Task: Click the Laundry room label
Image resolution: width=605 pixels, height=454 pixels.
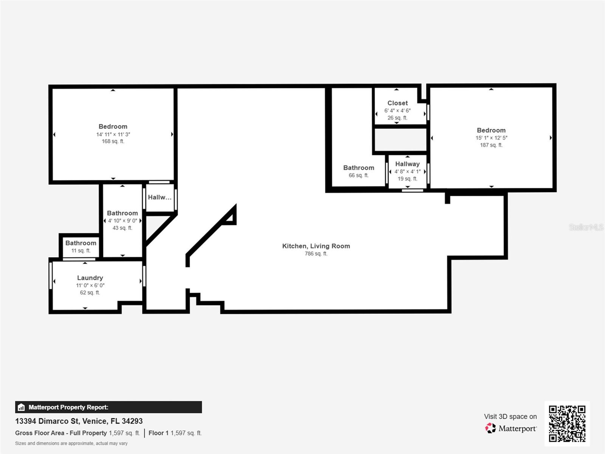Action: (90, 278)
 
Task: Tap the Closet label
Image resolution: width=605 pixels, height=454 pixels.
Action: (397, 103)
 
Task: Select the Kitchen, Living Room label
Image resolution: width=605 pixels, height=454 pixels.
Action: (316, 246)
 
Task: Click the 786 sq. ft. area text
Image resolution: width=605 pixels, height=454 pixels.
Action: (316, 253)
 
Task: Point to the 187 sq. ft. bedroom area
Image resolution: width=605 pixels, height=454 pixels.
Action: (491, 145)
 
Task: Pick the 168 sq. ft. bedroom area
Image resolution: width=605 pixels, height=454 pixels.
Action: (113, 141)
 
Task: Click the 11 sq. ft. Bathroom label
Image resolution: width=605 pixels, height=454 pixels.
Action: (81, 243)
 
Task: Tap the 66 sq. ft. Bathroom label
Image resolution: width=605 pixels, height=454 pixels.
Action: (358, 168)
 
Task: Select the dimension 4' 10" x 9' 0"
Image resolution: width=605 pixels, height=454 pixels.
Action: (123, 221)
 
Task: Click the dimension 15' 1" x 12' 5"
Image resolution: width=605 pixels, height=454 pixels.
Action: (491, 138)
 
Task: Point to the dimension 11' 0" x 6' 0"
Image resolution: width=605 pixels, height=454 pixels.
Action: (90, 285)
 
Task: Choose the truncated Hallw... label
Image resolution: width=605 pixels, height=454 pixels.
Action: (160, 197)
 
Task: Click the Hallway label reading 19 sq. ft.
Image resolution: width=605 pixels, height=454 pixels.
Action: (407, 164)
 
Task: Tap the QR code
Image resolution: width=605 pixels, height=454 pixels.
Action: (567, 423)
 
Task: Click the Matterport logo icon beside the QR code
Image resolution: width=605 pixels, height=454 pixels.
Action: (490, 428)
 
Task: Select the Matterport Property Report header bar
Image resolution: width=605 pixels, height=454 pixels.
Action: (108, 407)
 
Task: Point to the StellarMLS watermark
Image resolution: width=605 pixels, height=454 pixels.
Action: (586, 227)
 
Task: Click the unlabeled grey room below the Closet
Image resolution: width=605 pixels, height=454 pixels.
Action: (400, 140)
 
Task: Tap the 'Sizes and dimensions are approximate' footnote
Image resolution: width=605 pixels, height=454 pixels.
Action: (71, 443)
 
